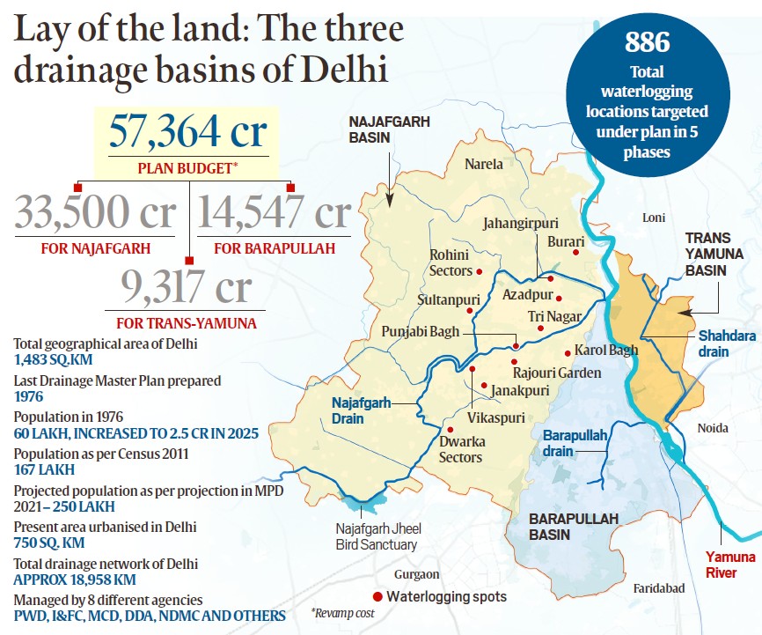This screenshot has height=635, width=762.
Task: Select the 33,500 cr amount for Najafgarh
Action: pos(94,214)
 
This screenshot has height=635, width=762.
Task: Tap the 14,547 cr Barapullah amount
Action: pos(274,214)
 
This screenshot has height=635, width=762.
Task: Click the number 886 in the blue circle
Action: pos(648,41)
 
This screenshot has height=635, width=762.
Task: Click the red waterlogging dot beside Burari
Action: pos(576,253)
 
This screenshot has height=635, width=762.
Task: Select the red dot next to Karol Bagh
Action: pos(568,354)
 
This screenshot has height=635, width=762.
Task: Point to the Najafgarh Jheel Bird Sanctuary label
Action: pos(376,537)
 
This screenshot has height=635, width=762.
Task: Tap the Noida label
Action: pos(713,428)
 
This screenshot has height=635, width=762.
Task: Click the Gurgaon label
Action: pos(418,574)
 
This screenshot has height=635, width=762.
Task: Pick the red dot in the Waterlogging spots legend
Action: pos(377,597)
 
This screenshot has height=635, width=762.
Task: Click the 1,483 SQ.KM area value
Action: pos(54,360)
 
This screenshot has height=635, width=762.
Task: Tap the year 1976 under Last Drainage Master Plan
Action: pos(30,397)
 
